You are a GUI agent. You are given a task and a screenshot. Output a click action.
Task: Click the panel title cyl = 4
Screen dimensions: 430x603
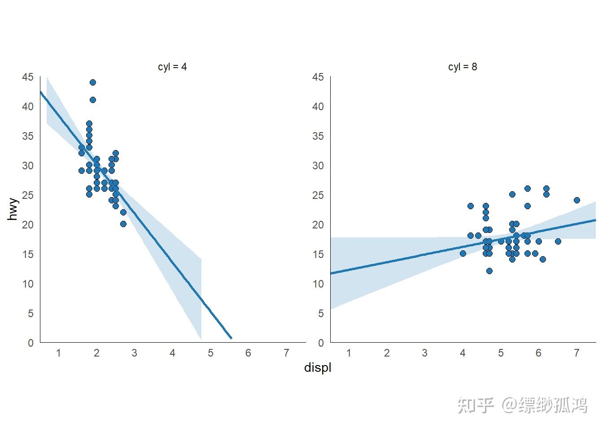pos(172,67)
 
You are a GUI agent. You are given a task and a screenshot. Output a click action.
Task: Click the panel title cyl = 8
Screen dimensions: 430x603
pos(462,67)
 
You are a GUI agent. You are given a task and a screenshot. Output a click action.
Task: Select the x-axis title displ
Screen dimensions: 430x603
pos(318,368)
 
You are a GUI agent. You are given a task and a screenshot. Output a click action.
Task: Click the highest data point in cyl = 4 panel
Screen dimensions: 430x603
pos(93,82)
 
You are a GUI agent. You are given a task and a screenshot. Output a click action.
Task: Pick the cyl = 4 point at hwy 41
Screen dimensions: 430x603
pos(93,100)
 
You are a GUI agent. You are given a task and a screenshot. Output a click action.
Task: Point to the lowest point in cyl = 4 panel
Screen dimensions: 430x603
pos(123,224)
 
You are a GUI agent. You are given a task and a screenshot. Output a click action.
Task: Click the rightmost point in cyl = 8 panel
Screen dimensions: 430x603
pos(577,200)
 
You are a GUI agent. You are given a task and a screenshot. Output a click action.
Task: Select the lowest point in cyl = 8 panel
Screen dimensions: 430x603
pos(489,271)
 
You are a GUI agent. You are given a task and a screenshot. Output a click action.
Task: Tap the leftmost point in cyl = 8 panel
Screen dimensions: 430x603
pos(463,254)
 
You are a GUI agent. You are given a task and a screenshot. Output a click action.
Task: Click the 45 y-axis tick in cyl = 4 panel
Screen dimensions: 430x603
pos(28,77)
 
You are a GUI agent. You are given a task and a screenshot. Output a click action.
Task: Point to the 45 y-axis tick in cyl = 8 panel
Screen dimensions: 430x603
pos(318,77)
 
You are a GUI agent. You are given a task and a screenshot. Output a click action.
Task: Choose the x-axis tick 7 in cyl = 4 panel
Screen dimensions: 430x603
pos(286,353)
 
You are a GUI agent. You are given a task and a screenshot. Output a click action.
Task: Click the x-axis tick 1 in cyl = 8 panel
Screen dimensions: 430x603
pos(349,353)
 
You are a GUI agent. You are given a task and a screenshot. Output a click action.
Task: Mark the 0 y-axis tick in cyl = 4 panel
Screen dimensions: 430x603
pos(31,343)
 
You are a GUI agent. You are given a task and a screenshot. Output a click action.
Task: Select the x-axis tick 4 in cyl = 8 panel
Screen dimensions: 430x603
pos(463,353)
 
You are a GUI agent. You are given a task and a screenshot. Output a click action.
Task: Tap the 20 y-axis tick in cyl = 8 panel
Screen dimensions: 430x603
pos(318,225)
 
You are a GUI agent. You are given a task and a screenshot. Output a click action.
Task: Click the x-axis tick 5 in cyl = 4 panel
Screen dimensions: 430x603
pos(210,353)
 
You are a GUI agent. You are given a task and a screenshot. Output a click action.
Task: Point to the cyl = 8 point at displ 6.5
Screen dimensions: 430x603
pos(558,241)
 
